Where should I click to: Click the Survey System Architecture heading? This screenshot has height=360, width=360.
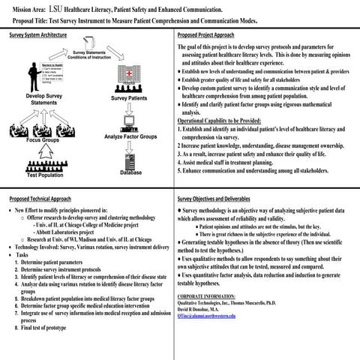coord(40,34)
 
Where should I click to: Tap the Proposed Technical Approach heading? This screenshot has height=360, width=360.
coord(42,199)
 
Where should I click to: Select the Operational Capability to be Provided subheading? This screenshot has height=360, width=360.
coord(230,119)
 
